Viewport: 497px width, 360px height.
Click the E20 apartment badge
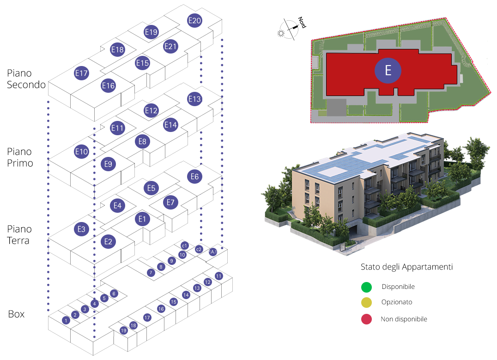(195, 20)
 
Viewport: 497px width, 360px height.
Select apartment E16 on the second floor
(108, 85)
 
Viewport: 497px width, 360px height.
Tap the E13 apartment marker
(195, 99)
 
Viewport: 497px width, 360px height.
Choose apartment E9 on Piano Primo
(108, 164)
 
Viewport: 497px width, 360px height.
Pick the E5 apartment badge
(151, 188)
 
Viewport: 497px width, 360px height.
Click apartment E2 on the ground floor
(108, 241)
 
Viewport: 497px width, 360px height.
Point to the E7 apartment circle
(170, 202)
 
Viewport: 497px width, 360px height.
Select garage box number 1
(66, 320)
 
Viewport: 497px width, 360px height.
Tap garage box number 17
(147, 318)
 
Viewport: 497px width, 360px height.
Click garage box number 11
(219, 276)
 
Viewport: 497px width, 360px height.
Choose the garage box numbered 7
(151, 273)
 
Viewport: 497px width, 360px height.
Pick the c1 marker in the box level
(184, 246)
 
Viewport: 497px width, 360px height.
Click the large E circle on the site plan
(388, 71)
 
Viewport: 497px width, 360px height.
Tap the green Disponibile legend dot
(367, 287)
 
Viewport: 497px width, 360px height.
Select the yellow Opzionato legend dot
(367, 303)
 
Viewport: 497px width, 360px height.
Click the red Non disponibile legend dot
(367, 319)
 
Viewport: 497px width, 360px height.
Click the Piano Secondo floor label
(26, 79)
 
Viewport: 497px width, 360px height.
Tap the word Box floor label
(17, 314)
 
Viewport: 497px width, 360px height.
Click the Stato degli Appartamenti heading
(406, 267)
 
